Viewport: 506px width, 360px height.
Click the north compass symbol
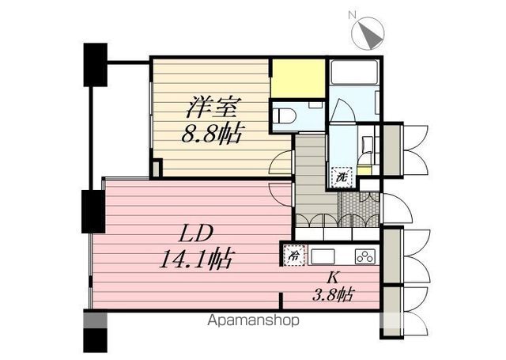pyautogui.click(x=368, y=33)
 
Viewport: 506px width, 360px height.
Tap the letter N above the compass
pyautogui.click(x=352, y=14)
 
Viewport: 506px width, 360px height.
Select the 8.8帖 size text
pyautogui.click(x=211, y=133)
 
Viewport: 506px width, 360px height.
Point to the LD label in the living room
pyautogui.click(x=196, y=234)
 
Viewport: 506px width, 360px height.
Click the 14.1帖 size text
pyautogui.click(x=196, y=260)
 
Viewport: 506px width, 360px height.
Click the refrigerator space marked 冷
pyautogui.click(x=294, y=256)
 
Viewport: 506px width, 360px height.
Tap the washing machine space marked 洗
pyautogui.click(x=342, y=177)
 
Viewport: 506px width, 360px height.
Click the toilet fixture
pyautogui.click(x=284, y=116)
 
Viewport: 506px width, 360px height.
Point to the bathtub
pyautogui.click(x=353, y=71)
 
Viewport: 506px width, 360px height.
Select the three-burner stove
pyautogui.click(x=366, y=256)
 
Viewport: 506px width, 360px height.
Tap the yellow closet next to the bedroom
pyautogui.click(x=298, y=78)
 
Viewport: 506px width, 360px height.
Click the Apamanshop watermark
pyautogui.click(x=253, y=320)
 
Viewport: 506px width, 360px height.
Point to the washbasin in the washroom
pyautogui.click(x=367, y=142)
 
